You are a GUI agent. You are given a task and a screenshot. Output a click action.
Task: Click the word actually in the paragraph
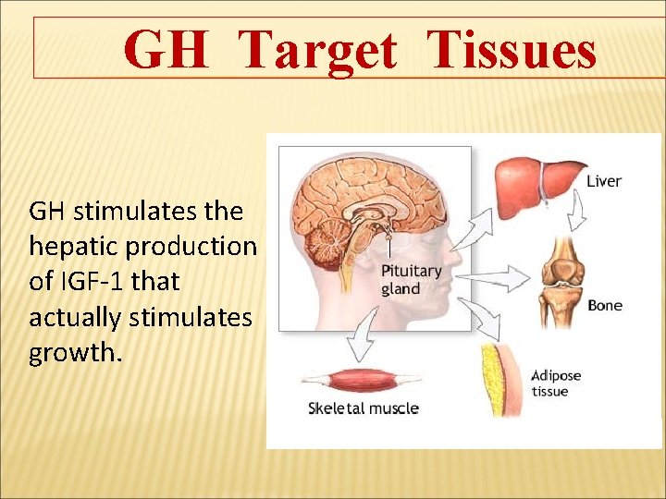click(x=75, y=319)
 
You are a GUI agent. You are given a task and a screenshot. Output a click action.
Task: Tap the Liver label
click(x=604, y=182)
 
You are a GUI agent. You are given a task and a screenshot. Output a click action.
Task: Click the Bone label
click(x=604, y=306)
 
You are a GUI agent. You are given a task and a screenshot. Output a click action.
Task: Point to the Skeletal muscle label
click(x=363, y=408)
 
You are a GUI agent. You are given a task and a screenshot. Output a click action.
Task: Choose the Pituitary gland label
click(x=412, y=280)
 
